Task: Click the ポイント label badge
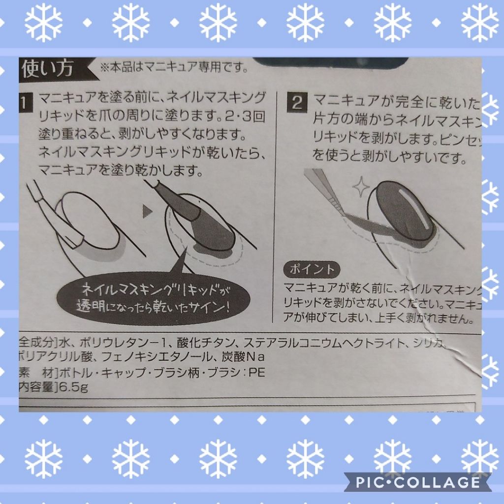point(312,269)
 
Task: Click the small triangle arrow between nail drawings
point(146,212)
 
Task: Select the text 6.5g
point(73,387)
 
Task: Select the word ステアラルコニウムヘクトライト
point(324,342)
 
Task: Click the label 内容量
point(37,387)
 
